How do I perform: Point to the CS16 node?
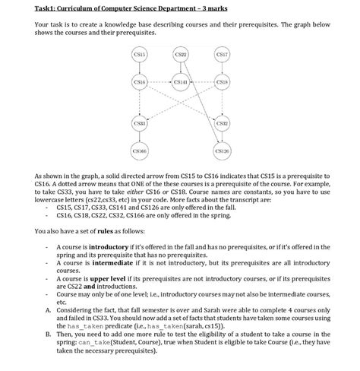[x=139, y=83]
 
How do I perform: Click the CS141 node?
[x=181, y=83]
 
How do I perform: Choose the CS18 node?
[x=222, y=83]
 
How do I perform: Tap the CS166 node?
[x=139, y=151]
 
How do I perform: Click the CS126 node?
[x=222, y=151]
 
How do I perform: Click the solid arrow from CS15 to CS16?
[x=139, y=69]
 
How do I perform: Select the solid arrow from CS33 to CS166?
[x=139, y=138]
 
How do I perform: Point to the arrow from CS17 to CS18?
[x=222, y=69]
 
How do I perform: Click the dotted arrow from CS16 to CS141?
[x=159, y=83]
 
